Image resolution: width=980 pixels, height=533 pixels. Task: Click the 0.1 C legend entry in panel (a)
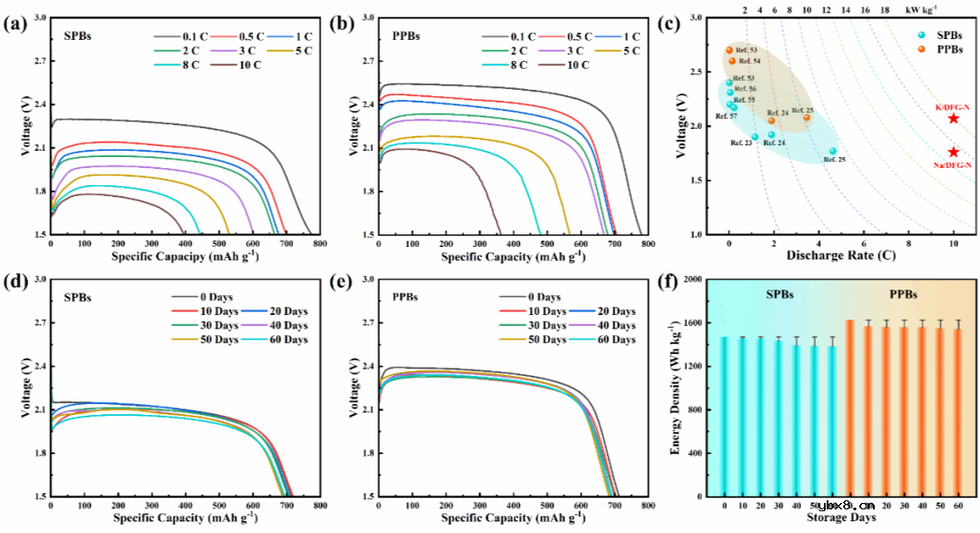point(182,36)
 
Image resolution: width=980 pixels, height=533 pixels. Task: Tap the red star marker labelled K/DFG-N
point(953,119)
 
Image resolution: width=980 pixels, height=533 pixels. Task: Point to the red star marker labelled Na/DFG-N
point(953,153)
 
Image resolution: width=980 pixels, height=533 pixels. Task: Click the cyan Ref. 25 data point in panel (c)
point(832,151)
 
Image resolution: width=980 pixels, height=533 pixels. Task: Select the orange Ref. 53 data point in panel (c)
point(729,50)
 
